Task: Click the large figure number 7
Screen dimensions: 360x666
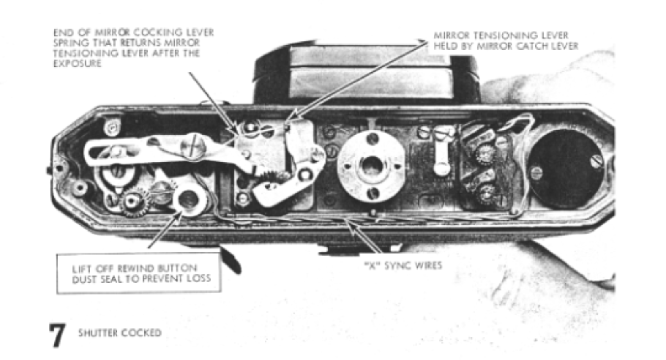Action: point(57,335)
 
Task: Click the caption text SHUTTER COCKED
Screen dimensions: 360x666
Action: point(119,333)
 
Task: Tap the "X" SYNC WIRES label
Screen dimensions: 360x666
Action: point(403,265)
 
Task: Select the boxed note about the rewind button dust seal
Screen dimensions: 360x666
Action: point(139,273)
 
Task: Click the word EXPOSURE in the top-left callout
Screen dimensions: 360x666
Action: point(77,63)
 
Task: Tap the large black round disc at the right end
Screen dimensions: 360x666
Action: point(567,168)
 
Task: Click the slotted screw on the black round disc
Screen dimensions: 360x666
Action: point(596,160)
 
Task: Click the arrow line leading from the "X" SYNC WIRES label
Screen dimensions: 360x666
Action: point(366,237)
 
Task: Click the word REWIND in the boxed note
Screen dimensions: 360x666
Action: point(134,268)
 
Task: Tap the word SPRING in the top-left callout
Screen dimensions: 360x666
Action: point(67,43)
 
